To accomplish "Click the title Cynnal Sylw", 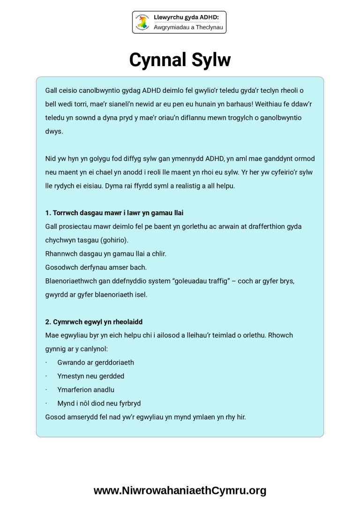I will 180,60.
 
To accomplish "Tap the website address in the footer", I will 180,491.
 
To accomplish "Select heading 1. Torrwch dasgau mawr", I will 114,213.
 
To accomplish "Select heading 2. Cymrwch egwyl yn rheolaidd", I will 94,322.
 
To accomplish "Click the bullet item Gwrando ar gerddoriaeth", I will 96,362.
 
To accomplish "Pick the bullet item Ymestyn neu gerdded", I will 90,376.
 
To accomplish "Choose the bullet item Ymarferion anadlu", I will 86,389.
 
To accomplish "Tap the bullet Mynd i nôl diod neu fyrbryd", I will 99,403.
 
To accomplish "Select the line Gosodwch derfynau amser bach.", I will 96,267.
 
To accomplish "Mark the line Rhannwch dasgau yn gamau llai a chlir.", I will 106,254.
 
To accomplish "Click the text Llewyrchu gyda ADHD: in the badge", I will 186,17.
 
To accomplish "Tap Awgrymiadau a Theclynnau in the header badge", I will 189,28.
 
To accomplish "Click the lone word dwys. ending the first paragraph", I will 54,131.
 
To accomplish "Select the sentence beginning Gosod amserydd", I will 145,417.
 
